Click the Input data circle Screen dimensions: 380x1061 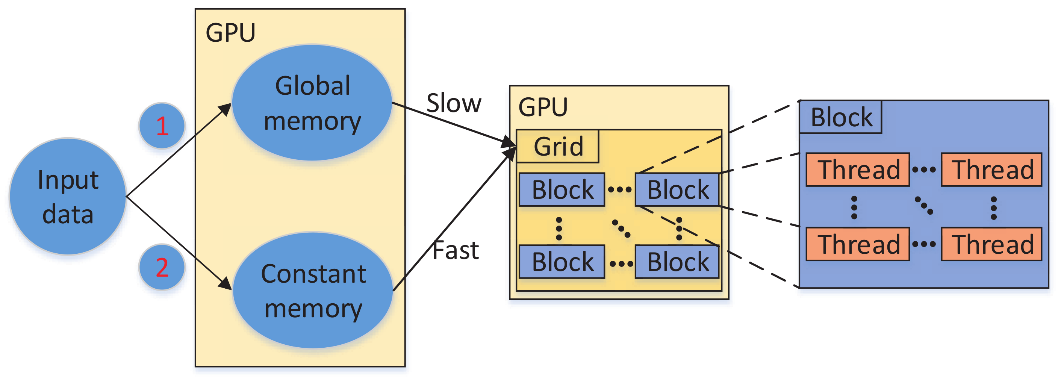(x=68, y=196)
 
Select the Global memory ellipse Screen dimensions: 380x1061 (x=312, y=103)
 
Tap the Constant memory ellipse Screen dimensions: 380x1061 (x=313, y=290)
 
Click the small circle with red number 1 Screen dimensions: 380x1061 (x=162, y=126)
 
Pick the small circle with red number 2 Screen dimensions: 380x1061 (x=162, y=267)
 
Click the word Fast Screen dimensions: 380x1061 (x=456, y=250)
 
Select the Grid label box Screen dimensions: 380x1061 (x=558, y=147)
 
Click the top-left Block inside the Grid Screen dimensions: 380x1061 (x=562, y=190)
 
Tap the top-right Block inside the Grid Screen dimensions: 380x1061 (x=677, y=190)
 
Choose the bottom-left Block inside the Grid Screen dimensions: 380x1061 (x=562, y=262)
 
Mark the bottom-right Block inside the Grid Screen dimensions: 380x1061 (x=677, y=262)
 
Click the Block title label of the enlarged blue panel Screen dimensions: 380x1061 (x=840, y=117)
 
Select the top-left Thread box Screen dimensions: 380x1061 (x=858, y=170)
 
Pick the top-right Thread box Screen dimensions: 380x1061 (x=991, y=170)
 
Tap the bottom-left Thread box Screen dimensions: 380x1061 (x=858, y=244)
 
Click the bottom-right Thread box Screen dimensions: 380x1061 (x=991, y=244)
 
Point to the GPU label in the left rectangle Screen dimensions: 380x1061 (x=230, y=33)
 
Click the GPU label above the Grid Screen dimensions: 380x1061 (x=542, y=107)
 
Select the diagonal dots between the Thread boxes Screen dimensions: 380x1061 (x=924, y=206)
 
